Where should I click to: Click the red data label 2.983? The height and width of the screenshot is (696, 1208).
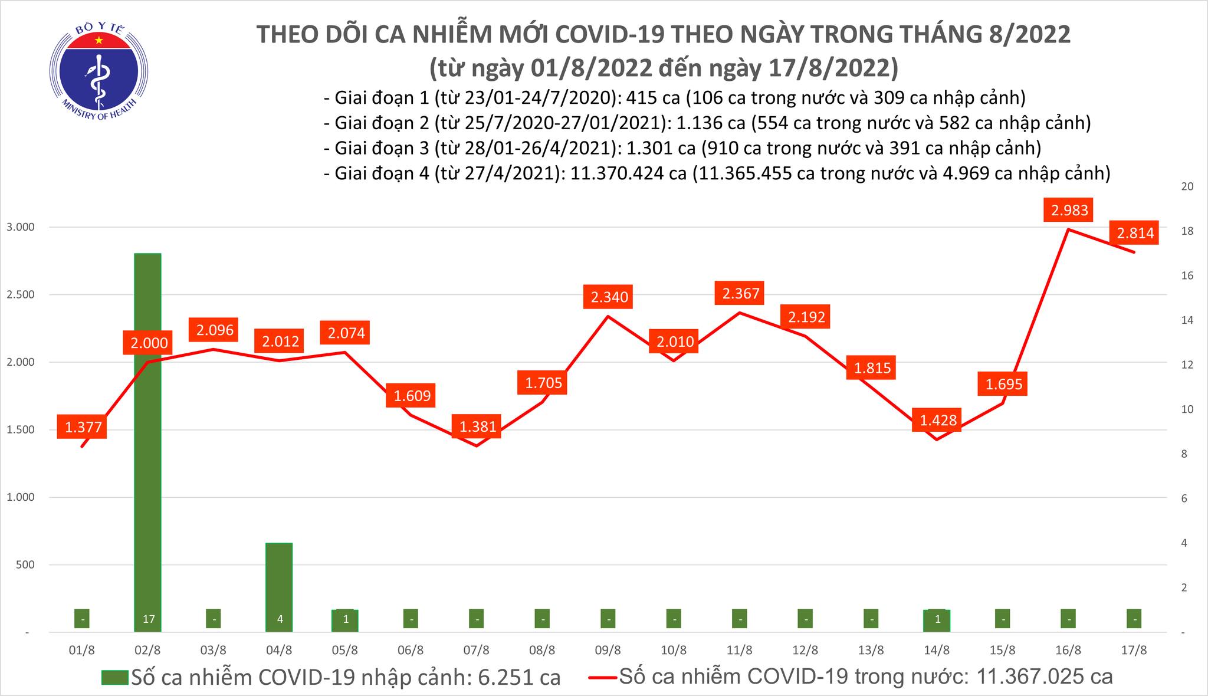click(1069, 210)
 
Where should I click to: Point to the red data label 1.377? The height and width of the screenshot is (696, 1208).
click(83, 427)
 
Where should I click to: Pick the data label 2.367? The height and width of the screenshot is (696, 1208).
click(741, 293)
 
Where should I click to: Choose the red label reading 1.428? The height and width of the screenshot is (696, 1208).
click(937, 421)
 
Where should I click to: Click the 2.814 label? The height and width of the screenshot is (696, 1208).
click(1135, 233)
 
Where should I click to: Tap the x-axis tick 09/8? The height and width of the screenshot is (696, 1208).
click(608, 651)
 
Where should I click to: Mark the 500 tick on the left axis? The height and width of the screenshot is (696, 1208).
click(25, 564)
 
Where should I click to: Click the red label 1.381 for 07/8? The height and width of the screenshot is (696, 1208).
click(478, 426)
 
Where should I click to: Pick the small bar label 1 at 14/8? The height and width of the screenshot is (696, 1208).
click(937, 620)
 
